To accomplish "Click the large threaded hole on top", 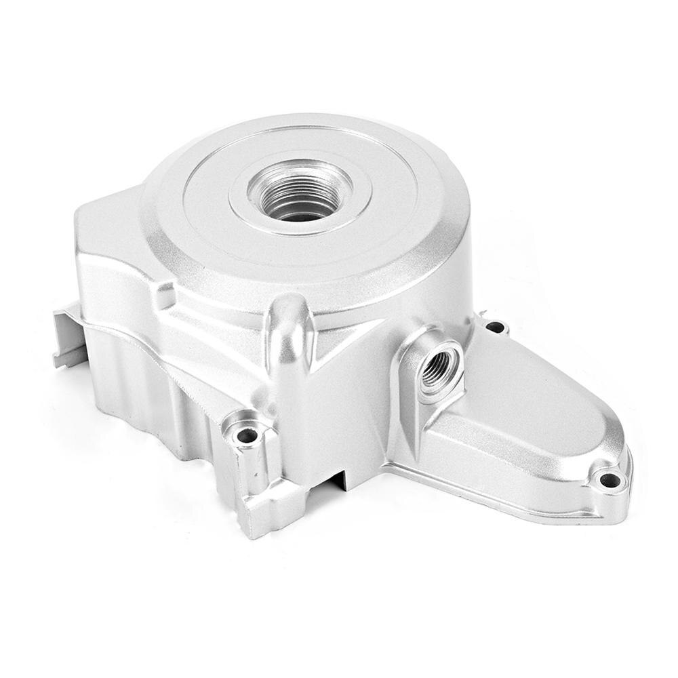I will click(300, 193).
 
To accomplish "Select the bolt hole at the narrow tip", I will click(610, 480).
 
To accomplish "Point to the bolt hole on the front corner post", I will click(247, 435).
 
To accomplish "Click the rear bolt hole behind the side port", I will click(496, 327).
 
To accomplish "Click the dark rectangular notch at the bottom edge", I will click(342, 478).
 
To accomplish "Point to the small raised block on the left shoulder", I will click(165, 296).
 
